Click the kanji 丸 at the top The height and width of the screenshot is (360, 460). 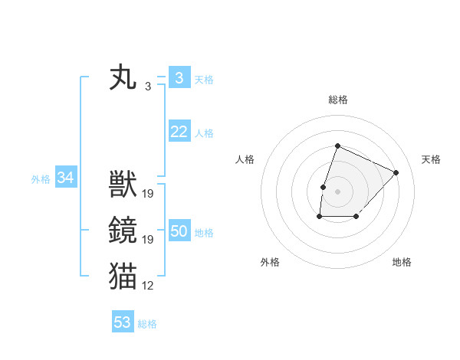pos(123,79)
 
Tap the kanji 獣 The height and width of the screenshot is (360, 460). pos(123,185)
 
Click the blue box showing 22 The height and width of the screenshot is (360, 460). pos(179,132)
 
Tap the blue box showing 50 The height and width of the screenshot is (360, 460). pos(179,231)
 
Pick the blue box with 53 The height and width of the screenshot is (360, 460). pos(123,322)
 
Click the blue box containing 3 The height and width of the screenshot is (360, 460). pos(179,78)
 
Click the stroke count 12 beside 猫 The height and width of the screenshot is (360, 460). pos(148,286)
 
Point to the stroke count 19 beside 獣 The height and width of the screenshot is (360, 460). pos(148,194)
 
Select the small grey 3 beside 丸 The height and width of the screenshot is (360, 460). pos(148,87)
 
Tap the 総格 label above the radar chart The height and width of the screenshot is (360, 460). pos(338,100)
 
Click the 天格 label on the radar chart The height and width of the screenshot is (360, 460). pos(432,159)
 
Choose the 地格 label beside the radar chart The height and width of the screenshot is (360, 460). pos(402,262)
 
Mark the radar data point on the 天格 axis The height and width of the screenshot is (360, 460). pos(396,172)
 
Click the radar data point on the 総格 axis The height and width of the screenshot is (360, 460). pos(337,146)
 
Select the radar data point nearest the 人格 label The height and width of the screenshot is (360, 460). pos(324,186)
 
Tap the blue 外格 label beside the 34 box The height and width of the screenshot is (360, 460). pos(41,179)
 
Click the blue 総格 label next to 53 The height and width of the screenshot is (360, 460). pos(147,323)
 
